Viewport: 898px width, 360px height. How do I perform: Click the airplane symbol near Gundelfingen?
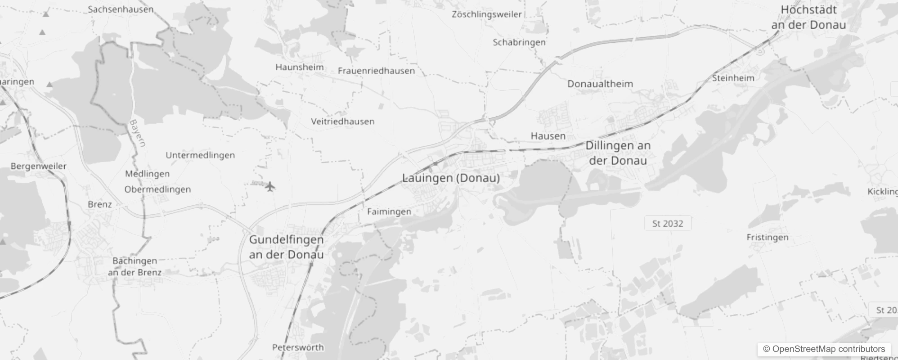(270, 186)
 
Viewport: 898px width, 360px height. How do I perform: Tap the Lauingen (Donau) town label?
(451, 178)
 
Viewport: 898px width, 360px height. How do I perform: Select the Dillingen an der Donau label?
(618, 153)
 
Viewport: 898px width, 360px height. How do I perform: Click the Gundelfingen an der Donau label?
(286, 247)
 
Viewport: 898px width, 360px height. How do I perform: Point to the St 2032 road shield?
(668, 223)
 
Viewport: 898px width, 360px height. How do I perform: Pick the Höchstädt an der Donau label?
(808, 17)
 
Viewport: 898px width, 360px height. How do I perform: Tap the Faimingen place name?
(389, 211)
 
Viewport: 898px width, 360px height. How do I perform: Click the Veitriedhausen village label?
(342, 121)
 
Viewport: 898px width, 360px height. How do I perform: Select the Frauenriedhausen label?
(376, 71)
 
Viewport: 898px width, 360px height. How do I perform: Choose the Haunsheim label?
(300, 67)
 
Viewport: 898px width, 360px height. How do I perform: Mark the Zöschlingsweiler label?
(487, 14)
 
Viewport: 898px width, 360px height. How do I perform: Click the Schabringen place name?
(519, 42)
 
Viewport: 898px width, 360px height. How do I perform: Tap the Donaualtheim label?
(600, 84)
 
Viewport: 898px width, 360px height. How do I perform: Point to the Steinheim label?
(733, 78)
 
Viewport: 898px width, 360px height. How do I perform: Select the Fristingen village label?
(768, 237)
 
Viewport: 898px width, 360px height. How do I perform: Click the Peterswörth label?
(298, 347)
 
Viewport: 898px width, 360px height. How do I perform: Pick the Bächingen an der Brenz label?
(135, 266)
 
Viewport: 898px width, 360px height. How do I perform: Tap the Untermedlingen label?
(200, 155)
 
